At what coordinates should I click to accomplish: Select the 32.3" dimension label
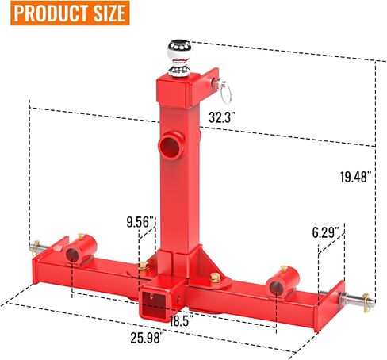221,117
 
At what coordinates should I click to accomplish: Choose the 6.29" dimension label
326,232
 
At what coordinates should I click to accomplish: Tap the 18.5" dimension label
179,321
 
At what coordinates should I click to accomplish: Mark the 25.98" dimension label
145,338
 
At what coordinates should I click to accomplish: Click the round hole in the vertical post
170,145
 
